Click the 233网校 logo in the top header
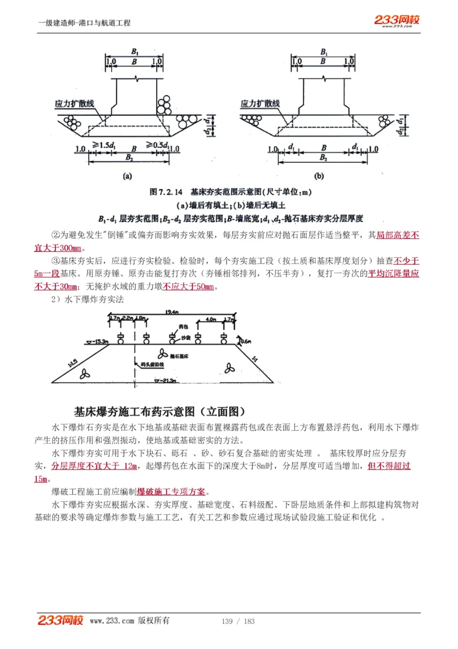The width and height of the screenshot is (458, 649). click(397, 21)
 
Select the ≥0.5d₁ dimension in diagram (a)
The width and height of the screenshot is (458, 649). click(156, 147)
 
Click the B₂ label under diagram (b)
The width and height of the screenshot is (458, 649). click(323, 157)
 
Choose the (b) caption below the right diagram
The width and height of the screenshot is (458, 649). click(319, 176)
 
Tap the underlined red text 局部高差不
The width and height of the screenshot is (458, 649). click(398, 234)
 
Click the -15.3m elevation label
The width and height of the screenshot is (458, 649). click(98, 341)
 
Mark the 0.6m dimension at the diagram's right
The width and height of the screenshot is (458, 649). click(245, 341)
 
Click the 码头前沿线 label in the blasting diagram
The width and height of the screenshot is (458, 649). click(152, 364)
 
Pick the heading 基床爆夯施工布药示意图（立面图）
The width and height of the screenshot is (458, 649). click(160, 412)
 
